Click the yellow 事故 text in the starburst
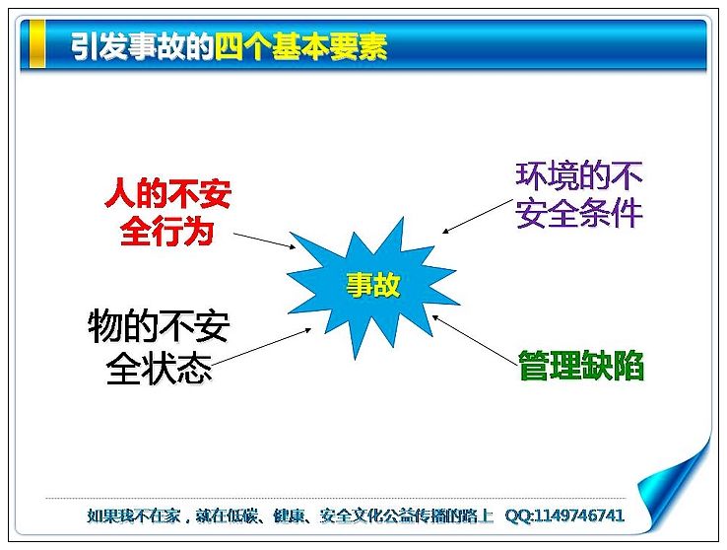coord(372,284)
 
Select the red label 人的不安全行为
coord(167,212)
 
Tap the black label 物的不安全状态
coord(159,346)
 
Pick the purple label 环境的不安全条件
coord(578,195)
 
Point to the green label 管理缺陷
coord(581,366)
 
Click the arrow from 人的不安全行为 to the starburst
coord(264,241)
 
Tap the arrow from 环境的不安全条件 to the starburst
coord(477,216)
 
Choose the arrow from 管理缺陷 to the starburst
coord(474,339)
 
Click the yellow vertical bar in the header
coord(37,44)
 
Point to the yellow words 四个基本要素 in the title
coord(300,47)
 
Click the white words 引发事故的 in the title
coord(142,47)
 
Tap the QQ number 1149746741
coord(579,516)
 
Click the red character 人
coord(120,194)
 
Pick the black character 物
coord(104,325)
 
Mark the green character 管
coord(534,366)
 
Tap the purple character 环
coord(531,176)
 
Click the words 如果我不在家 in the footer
coord(133,516)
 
